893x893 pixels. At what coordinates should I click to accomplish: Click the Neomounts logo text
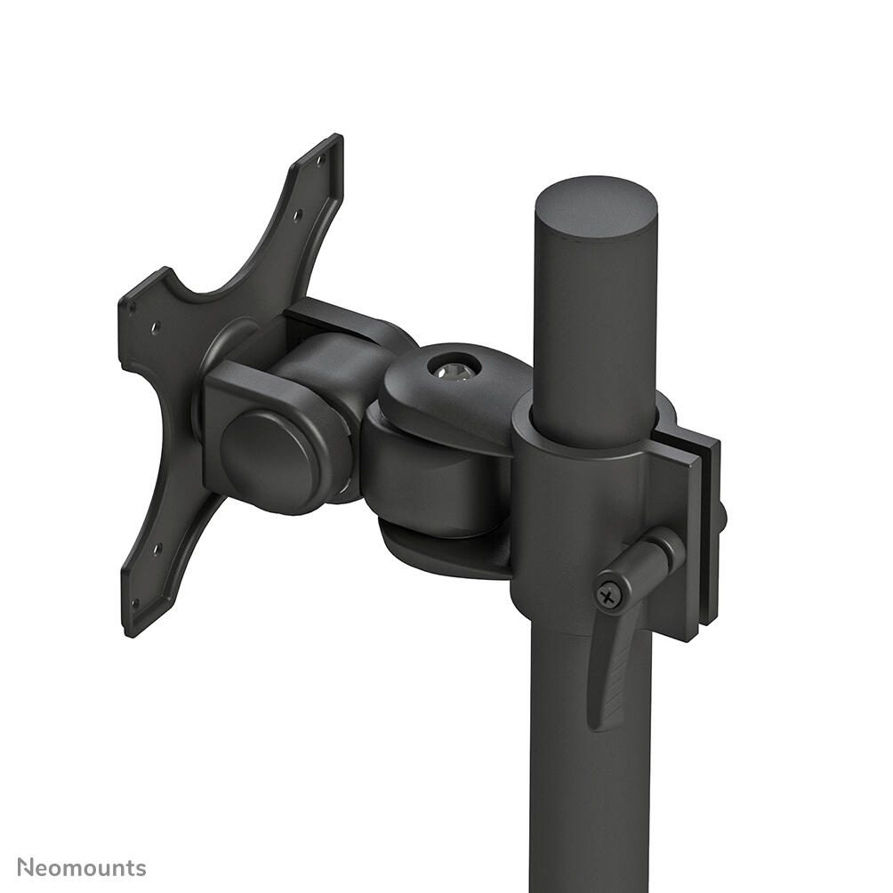81,867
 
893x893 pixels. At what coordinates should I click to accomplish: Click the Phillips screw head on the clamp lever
609,594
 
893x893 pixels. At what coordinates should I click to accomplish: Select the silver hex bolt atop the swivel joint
454,367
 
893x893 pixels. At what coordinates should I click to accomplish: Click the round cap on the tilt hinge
270,457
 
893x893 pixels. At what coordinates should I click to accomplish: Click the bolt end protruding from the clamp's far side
722,517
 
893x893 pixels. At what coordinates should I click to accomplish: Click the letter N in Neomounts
26,867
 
